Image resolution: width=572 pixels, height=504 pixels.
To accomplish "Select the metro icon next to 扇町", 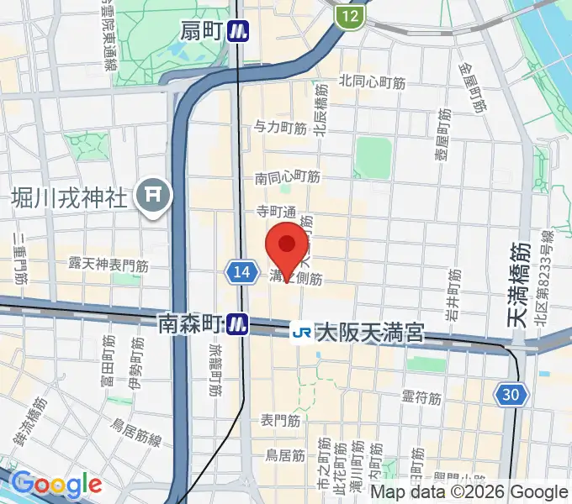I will coord(241,32).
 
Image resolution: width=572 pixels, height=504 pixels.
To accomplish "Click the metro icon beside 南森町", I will coord(241,323).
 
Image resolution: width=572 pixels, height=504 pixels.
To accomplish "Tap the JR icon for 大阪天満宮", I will coord(301,333).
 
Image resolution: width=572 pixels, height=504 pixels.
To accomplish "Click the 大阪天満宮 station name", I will coord(370,333).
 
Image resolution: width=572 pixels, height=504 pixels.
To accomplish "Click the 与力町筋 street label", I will coord(280,128).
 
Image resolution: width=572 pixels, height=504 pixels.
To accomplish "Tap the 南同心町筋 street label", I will coord(288,177).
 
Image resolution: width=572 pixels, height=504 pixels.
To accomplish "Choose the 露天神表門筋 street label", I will coord(109,264).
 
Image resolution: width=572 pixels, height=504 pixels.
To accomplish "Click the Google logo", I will coord(56,484).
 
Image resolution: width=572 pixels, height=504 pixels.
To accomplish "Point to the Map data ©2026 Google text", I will coord(469,492).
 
